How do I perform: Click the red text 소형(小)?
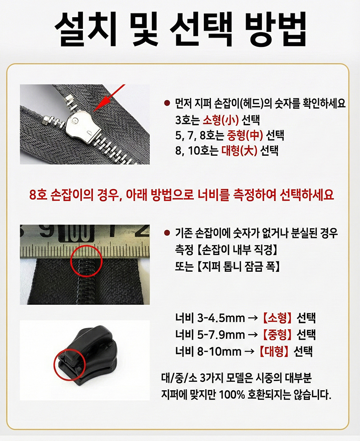coord(221,120)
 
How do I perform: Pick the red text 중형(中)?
coord(244,136)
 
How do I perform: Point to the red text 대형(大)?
coord(239,151)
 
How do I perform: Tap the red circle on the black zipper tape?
coord(86,261)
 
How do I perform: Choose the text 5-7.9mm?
coord(221,335)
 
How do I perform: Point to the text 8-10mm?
coord(219,351)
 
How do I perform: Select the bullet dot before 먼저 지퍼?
coord(167,103)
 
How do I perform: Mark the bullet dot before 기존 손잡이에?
coord(167,232)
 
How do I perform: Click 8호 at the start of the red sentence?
coord(38,194)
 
